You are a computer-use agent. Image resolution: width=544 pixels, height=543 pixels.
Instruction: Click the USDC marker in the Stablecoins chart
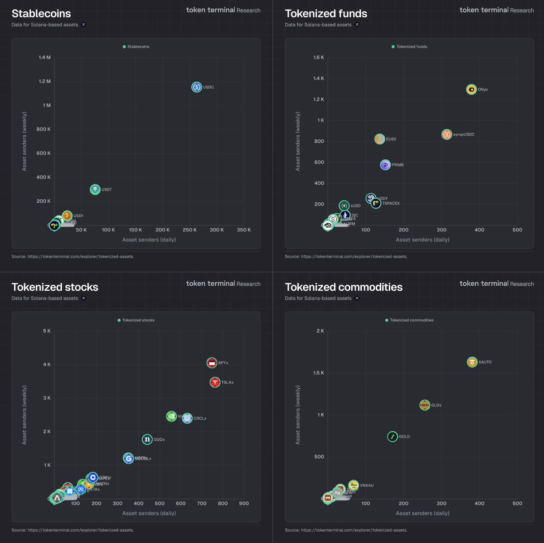[196, 87]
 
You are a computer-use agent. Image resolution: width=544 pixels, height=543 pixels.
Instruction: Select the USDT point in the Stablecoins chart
[95, 189]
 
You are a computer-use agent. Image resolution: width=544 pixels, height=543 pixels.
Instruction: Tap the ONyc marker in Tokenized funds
[471, 89]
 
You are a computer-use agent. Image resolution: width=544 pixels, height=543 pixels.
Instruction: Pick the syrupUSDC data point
[447, 134]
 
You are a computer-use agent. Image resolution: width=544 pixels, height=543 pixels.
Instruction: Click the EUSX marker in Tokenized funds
[379, 139]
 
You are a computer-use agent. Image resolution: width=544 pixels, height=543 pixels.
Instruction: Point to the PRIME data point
[385, 165]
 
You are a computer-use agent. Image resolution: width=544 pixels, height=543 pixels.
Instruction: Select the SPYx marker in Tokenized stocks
[212, 362]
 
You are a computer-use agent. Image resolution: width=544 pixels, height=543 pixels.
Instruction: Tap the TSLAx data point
[215, 382]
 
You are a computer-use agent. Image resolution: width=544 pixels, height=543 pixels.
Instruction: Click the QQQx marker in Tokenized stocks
[147, 439]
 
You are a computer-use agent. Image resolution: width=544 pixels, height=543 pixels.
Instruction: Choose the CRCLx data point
[187, 418]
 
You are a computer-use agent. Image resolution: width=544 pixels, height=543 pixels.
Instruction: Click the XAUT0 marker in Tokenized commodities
[472, 362]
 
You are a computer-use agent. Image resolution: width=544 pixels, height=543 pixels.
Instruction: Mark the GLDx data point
[424, 405]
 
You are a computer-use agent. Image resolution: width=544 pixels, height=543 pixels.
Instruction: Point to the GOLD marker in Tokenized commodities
[393, 436]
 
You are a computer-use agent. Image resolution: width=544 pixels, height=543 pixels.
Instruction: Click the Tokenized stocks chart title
[55, 287]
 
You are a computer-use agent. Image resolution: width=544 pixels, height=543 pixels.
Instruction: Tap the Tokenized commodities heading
[344, 287]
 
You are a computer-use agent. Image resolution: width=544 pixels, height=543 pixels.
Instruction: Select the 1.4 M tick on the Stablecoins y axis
[45, 57]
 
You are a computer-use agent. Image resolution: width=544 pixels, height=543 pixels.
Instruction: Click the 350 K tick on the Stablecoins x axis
[244, 230]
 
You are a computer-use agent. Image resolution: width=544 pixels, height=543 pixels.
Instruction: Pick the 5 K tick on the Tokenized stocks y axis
[47, 331]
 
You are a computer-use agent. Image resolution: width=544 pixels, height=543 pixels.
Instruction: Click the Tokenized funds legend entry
[409, 47]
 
